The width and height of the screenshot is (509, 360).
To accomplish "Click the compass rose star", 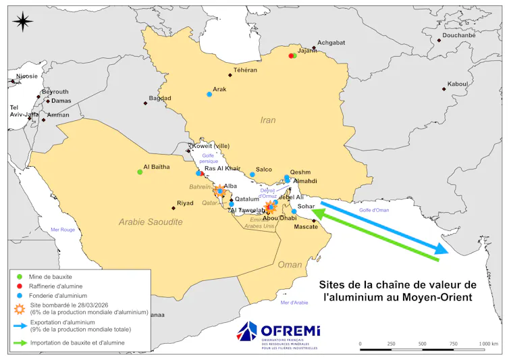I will [x=22, y=22].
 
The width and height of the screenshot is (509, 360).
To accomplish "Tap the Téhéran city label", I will [x=245, y=70].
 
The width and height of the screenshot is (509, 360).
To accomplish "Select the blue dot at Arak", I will [x=209, y=95].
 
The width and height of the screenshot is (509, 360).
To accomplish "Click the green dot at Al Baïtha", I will [x=140, y=172].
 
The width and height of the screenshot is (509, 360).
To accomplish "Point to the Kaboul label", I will [x=457, y=84].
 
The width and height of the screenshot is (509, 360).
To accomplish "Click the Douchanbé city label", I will [x=458, y=35].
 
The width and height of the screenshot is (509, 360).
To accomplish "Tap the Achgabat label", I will [x=331, y=43].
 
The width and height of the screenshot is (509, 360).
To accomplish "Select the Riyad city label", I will [x=184, y=203].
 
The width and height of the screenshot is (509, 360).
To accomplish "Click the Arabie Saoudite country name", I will [x=150, y=222].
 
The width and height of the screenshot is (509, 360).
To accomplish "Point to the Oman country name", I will [x=290, y=264].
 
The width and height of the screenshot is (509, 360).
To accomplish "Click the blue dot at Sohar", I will [x=294, y=211].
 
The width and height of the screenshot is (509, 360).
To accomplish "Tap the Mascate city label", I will [x=306, y=226].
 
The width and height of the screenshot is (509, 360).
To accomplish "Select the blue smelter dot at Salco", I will [x=252, y=175].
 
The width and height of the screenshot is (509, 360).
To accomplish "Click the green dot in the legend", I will [x=19, y=277].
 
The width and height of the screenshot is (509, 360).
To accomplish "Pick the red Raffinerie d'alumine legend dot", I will [x=19, y=286].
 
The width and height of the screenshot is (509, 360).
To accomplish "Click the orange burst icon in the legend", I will [x=19, y=308].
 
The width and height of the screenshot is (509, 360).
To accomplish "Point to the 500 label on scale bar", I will [x=423, y=344].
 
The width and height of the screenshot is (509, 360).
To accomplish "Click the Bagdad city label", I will [x=160, y=98].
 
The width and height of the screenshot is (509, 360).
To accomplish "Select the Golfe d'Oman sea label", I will [x=374, y=211].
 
